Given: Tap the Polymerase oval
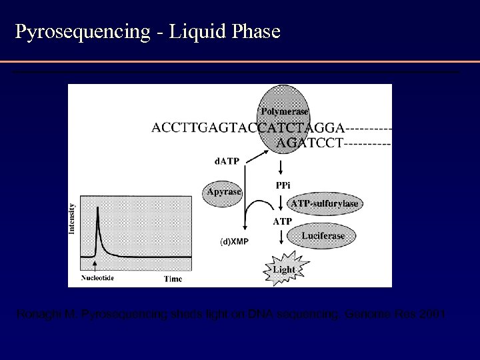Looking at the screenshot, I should point(285,107).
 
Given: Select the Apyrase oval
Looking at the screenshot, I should point(224,191).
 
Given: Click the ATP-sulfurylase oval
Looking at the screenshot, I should point(325,203).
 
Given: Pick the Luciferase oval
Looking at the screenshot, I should point(323,235).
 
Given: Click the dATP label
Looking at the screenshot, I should point(227,159).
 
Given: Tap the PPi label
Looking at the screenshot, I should point(283,185).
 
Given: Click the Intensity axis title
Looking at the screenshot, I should point(72,219).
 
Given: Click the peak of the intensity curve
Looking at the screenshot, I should point(98,209).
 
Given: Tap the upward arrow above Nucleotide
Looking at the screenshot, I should point(97,266).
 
